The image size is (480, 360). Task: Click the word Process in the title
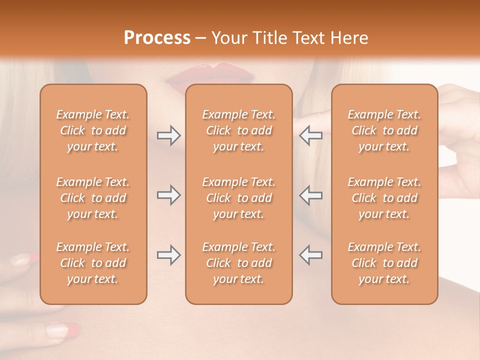pyautogui.click(x=157, y=38)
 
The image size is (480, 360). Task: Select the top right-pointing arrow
pyautogui.click(x=168, y=135)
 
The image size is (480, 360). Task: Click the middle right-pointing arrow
pyautogui.click(x=168, y=195)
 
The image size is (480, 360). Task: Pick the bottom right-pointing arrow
pyautogui.click(x=168, y=255)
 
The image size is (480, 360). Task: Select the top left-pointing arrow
pyautogui.click(x=310, y=135)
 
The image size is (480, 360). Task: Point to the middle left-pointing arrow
pyautogui.click(x=310, y=195)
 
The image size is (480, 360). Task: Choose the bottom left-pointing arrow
pyautogui.click(x=310, y=255)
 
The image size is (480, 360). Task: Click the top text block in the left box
pyautogui.click(x=93, y=130)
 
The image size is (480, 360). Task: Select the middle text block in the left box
pyautogui.click(x=93, y=198)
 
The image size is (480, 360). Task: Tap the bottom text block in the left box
pyautogui.click(x=93, y=263)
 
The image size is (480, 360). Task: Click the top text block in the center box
pyautogui.click(x=238, y=130)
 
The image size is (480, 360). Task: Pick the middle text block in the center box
pyautogui.click(x=238, y=198)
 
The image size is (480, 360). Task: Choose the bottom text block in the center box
pyautogui.click(x=238, y=263)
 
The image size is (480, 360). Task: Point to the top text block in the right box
pyautogui.click(x=384, y=130)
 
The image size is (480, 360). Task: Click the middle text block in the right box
pyautogui.click(x=384, y=198)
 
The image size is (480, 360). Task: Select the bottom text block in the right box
pyautogui.click(x=384, y=263)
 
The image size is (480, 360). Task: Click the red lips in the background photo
pyautogui.click(x=210, y=75)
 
